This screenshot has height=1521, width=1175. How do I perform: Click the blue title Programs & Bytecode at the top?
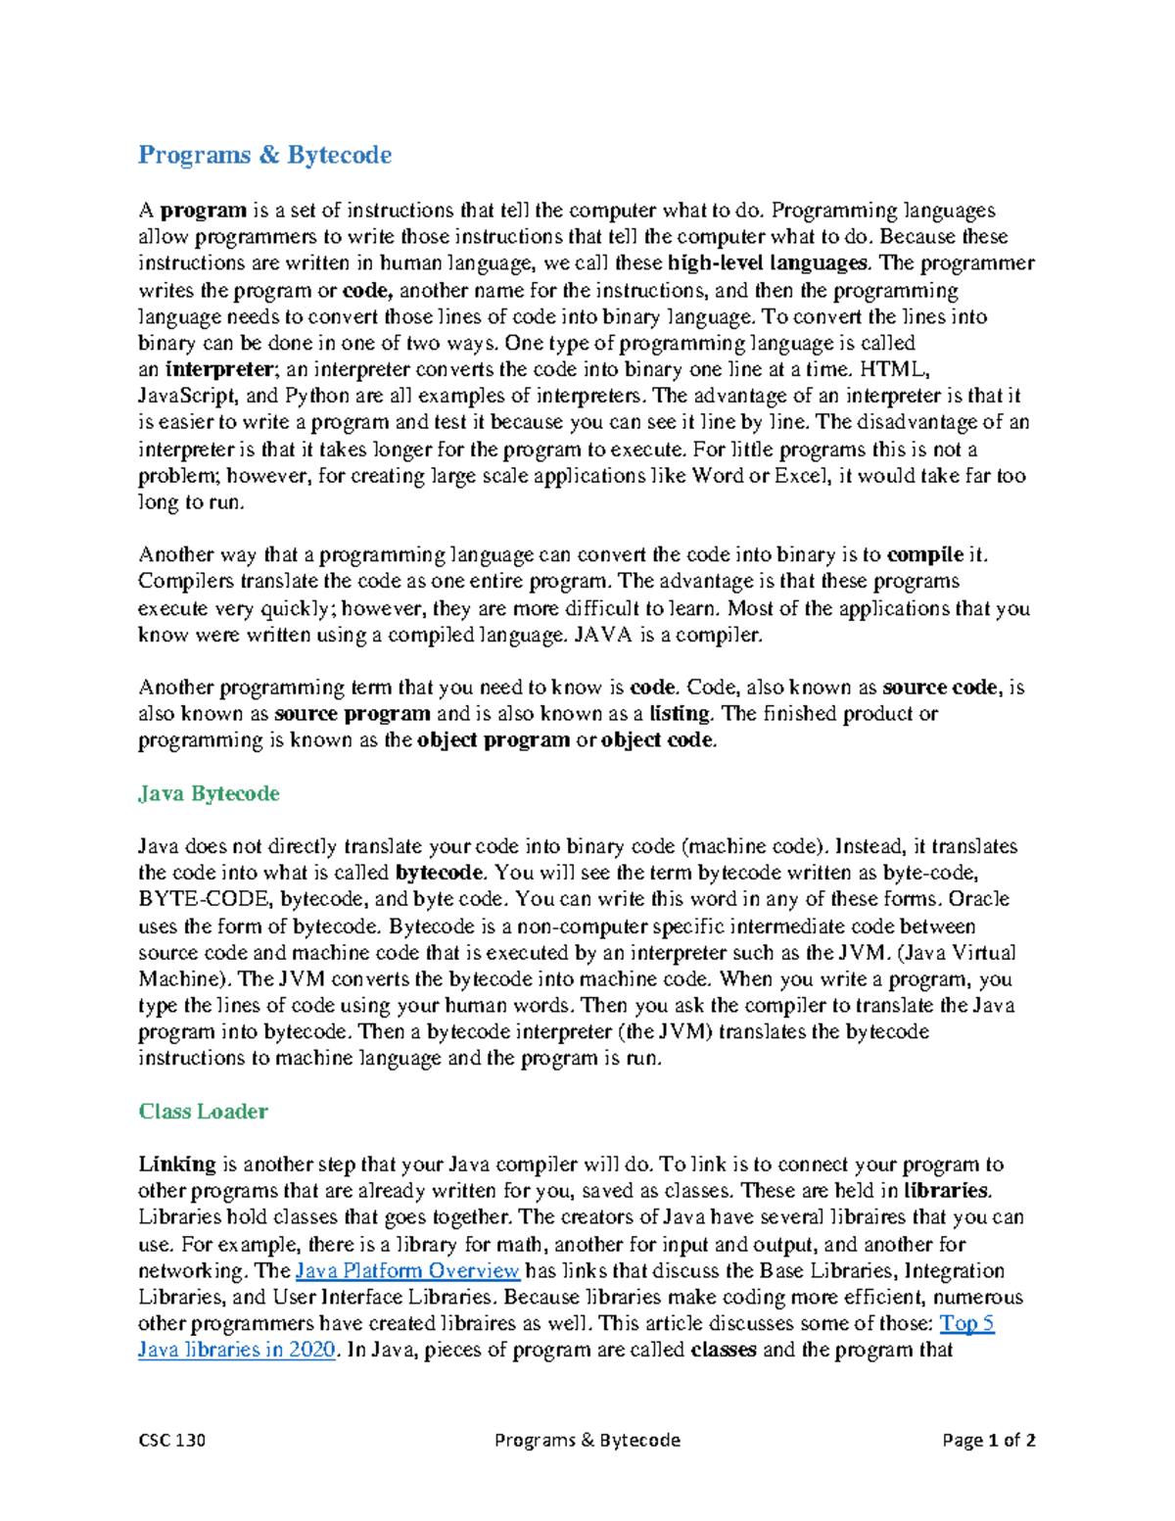(264, 155)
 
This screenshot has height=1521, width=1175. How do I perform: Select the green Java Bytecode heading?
(209, 793)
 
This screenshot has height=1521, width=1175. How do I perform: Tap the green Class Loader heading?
(203, 1112)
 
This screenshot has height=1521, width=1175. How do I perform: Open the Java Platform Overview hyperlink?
(406, 1271)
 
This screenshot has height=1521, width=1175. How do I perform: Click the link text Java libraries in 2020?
(238, 1351)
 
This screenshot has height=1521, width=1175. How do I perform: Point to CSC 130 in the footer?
(171, 1440)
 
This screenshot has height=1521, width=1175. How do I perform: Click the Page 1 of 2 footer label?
(988, 1440)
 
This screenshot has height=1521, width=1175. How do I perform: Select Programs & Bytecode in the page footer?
(587, 1440)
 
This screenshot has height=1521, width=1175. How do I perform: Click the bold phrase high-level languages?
(768, 263)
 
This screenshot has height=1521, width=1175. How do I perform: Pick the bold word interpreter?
(218, 370)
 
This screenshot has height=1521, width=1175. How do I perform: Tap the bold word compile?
(924, 555)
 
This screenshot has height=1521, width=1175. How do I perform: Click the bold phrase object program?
(493, 740)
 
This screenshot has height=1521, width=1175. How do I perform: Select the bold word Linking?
(176, 1165)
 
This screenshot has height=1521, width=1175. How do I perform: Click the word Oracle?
(979, 900)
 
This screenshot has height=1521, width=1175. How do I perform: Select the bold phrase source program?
(352, 714)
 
